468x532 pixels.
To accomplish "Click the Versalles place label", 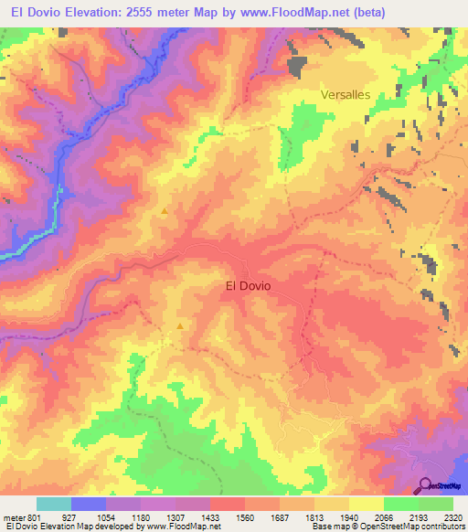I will point(346,94).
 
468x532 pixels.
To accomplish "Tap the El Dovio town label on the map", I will point(248,285).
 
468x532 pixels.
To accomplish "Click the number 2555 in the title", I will point(125,12).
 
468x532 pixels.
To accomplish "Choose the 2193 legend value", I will point(420,517).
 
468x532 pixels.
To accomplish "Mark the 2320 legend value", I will point(452,517).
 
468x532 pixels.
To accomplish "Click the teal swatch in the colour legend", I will point(54,504).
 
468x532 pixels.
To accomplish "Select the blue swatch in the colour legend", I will point(89,504).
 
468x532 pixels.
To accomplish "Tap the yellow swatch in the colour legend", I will point(366,504).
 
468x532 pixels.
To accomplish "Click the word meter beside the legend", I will point(13,517).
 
